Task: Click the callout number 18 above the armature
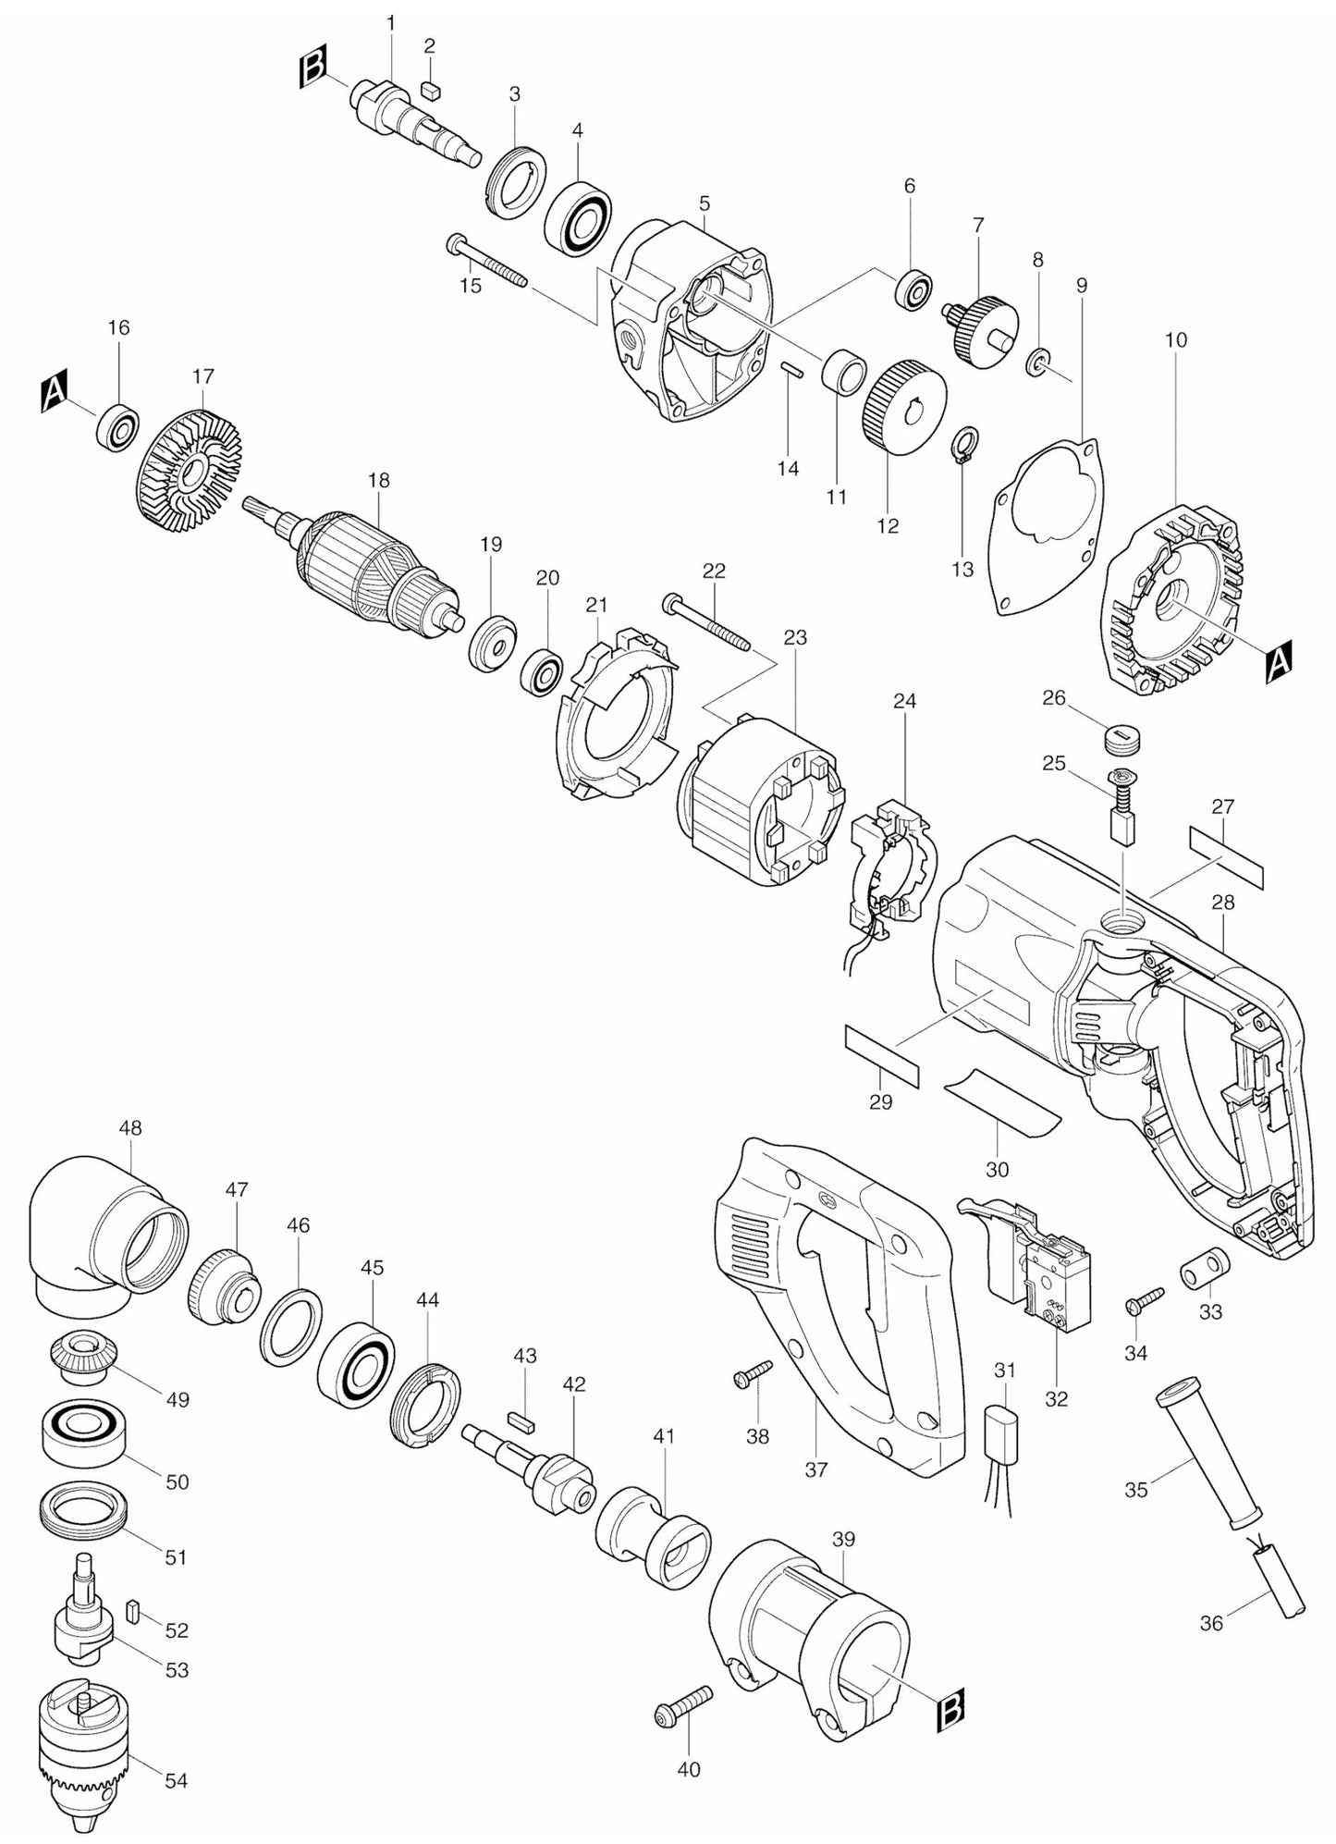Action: click(378, 481)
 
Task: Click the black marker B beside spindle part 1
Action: click(313, 71)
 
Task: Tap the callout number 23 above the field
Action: click(795, 637)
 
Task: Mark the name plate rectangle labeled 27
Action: click(1225, 855)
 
